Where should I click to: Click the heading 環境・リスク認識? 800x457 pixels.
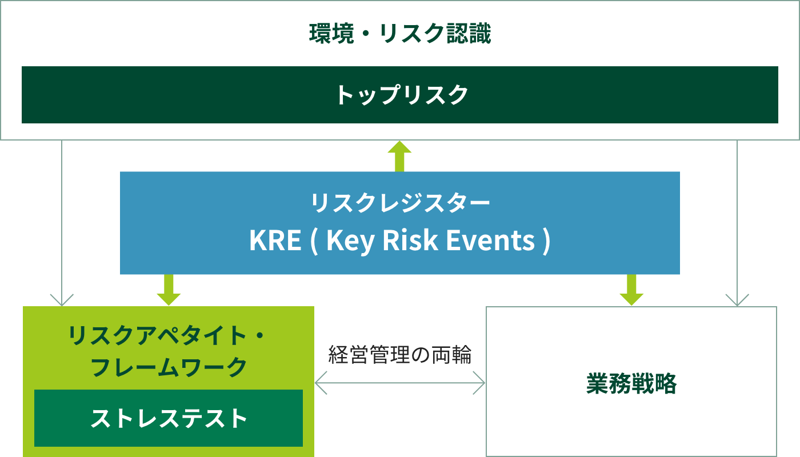coord(400,34)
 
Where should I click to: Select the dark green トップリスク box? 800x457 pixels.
coord(400,95)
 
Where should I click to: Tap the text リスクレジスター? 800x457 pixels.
coord(400,203)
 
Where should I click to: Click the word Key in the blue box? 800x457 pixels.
coord(351,241)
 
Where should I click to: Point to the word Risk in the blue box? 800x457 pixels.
coord(410,240)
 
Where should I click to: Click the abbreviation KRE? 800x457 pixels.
coord(275,240)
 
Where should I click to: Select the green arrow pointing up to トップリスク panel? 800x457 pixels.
coord(399,156)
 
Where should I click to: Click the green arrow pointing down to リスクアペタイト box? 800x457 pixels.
coord(169,290)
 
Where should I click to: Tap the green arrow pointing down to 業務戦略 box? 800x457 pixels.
coord(631,290)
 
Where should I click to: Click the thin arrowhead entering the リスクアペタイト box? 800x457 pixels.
coord(62,300)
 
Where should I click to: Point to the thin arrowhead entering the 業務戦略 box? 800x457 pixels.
coord(737,300)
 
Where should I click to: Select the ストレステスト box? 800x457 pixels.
coord(169,418)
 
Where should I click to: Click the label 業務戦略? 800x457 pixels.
coord(631,384)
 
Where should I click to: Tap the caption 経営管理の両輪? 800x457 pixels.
coord(400,355)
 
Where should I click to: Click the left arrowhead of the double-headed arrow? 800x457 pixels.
coord(321,383)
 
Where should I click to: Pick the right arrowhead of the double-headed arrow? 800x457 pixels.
coord(479,383)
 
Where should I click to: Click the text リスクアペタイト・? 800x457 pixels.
coord(166,336)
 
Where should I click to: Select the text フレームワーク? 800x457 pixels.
coord(169,367)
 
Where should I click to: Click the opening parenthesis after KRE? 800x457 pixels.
coord(314,241)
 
